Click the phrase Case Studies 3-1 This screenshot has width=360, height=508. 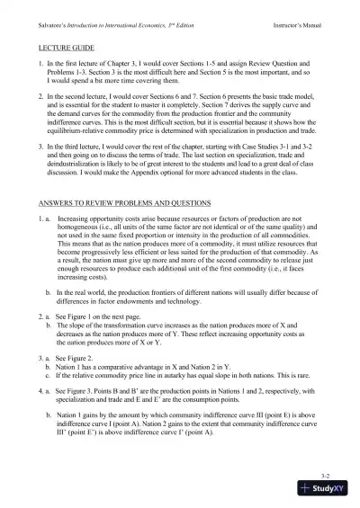(259, 160)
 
